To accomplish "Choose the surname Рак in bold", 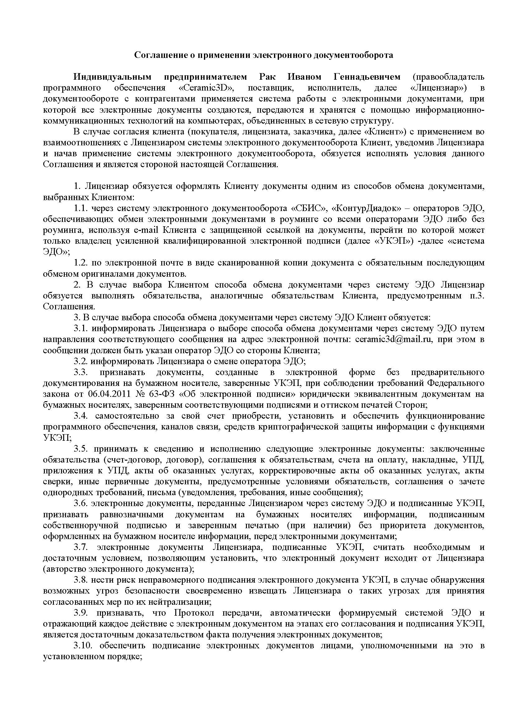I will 267,77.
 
